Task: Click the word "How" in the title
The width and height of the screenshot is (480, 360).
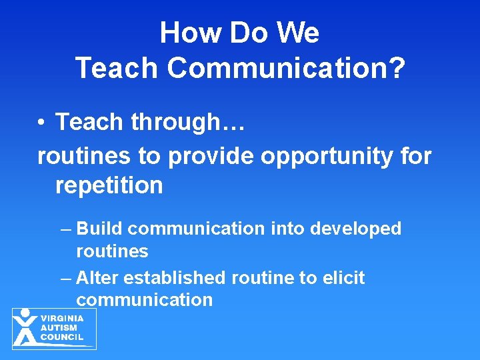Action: [x=189, y=33]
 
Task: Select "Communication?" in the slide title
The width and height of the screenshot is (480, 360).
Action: [x=286, y=69]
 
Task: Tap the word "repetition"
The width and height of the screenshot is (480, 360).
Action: [x=109, y=186]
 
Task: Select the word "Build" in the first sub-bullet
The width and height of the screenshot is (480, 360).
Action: [x=100, y=229]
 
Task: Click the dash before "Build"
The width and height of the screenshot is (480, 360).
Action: [x=65, y=229]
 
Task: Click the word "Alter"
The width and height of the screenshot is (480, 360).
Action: [x=99, y=277]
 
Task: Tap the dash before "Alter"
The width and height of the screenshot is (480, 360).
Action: [x=65, y=277]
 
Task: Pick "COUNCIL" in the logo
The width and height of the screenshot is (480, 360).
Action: [x=62, y=337]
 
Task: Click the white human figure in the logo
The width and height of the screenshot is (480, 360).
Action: [x=25, y=327]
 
